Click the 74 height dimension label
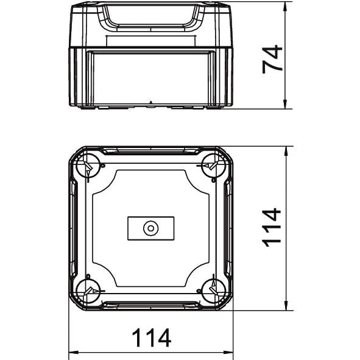tap(272, 59)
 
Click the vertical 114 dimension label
tap(272, 227)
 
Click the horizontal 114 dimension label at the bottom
tap(152, 337)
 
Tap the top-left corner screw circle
tap(88, 166)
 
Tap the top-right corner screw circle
tap(214, 166)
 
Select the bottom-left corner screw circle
tap(88, 291)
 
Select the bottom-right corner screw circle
tap(214, 291)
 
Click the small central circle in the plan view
tap(151, 228)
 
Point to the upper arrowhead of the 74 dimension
tap(285, 7)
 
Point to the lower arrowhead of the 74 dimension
tap(285, 104)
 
